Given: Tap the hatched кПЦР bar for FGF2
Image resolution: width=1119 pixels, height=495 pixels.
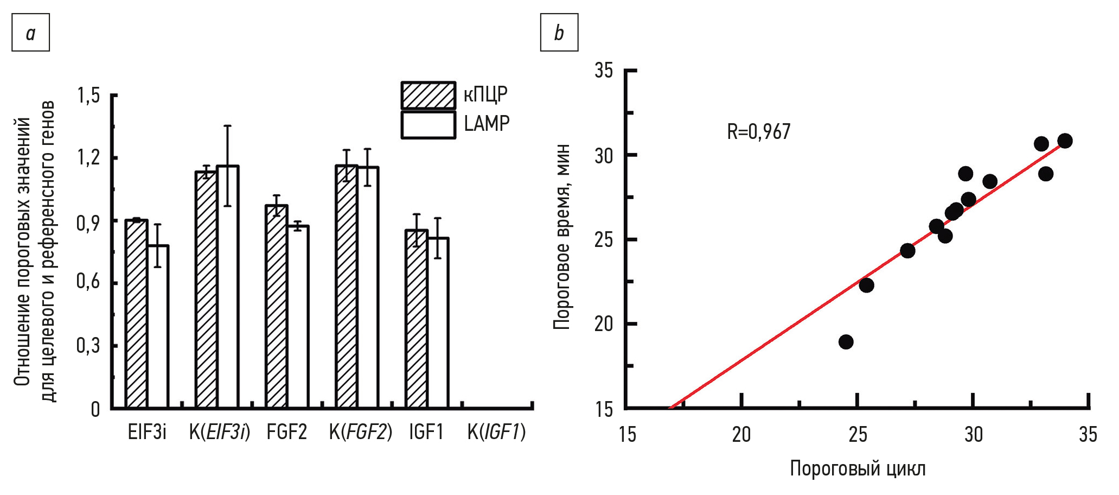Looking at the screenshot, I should pyautogui.click(x=276, y=307).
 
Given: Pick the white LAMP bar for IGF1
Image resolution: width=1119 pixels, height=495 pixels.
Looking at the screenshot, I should pyautogui.click(x=438, y=322).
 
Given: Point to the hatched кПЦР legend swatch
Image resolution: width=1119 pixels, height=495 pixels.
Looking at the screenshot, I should pyautogui.click(x=428, y=96).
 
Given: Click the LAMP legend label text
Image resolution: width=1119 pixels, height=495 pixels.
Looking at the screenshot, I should pyautogui.click(x=487, y=124).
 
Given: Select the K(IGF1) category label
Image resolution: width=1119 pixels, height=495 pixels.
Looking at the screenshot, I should pyautogui.click(x=496, y=433).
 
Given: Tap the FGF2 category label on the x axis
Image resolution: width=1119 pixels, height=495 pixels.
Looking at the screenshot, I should pyautogui.click(x=286, y=433).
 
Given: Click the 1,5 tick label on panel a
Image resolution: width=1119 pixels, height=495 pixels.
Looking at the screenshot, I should pyautogui.click(x=89, y=96).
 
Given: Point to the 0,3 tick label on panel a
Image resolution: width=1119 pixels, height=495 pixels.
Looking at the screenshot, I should pyautogui.click(x=89, y=345).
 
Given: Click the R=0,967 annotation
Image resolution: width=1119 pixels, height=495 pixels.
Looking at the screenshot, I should pyautogui.click(x=758, y=132).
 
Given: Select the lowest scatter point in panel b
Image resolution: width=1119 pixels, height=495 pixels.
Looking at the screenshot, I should pyautogui.click(x=846, y=342).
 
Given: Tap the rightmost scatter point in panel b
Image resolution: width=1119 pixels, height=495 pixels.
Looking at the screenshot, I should pyautogui.click(x=1065, y=141).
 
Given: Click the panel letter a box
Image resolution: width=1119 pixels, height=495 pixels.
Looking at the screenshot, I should pyautogui.click(x=31, y=33).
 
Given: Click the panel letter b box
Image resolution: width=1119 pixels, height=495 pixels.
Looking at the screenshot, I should pyautogui.click(x=559, y=33).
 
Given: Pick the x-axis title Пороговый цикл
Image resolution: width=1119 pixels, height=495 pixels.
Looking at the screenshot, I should pyautogui.click(x=858, y=468).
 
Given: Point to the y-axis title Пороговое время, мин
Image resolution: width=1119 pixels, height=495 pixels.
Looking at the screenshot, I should pyautogui.click(x=562, y=237).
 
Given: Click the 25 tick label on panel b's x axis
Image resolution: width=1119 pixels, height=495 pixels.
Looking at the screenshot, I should pyautogui.click(x=858, y=435).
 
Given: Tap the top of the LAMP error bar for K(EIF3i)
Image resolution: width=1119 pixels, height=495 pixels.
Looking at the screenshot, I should pyautogui.click(x=228, y=126).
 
